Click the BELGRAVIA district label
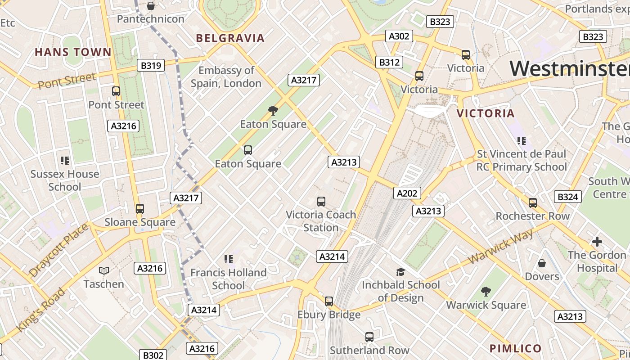tap(230, 38)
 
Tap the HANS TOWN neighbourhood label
tap(73, 52)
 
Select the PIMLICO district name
tap(515, 348)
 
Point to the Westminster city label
tap(569, 68)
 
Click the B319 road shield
tap(151, 66)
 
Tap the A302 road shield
tap(399, 36)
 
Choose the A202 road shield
tap(407, 193)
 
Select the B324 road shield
tap(567, 197)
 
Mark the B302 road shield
tap(153, 355)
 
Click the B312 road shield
tap(389, 62)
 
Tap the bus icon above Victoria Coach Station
tap(321, 202)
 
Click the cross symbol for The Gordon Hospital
tap(597, 242)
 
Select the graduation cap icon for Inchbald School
tap(400, 272)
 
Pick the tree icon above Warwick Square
tap(486, 292)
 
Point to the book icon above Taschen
tap(104, 270)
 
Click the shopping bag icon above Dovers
tap(542, 263)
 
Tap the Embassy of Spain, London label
tap(226, 76)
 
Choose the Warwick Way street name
tap(501, 247)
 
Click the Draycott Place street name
tap(58, 250)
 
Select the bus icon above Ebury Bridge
tap(329, 301)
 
